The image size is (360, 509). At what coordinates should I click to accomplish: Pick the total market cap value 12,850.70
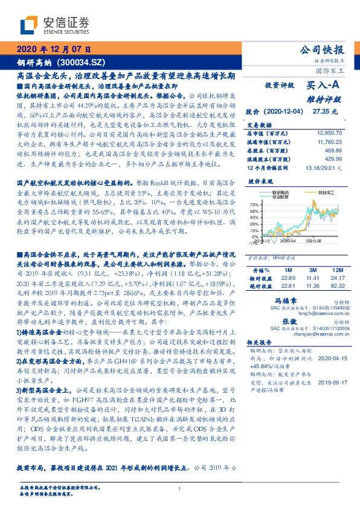pos(329,132)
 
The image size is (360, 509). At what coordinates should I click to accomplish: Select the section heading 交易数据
pos(258,124)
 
